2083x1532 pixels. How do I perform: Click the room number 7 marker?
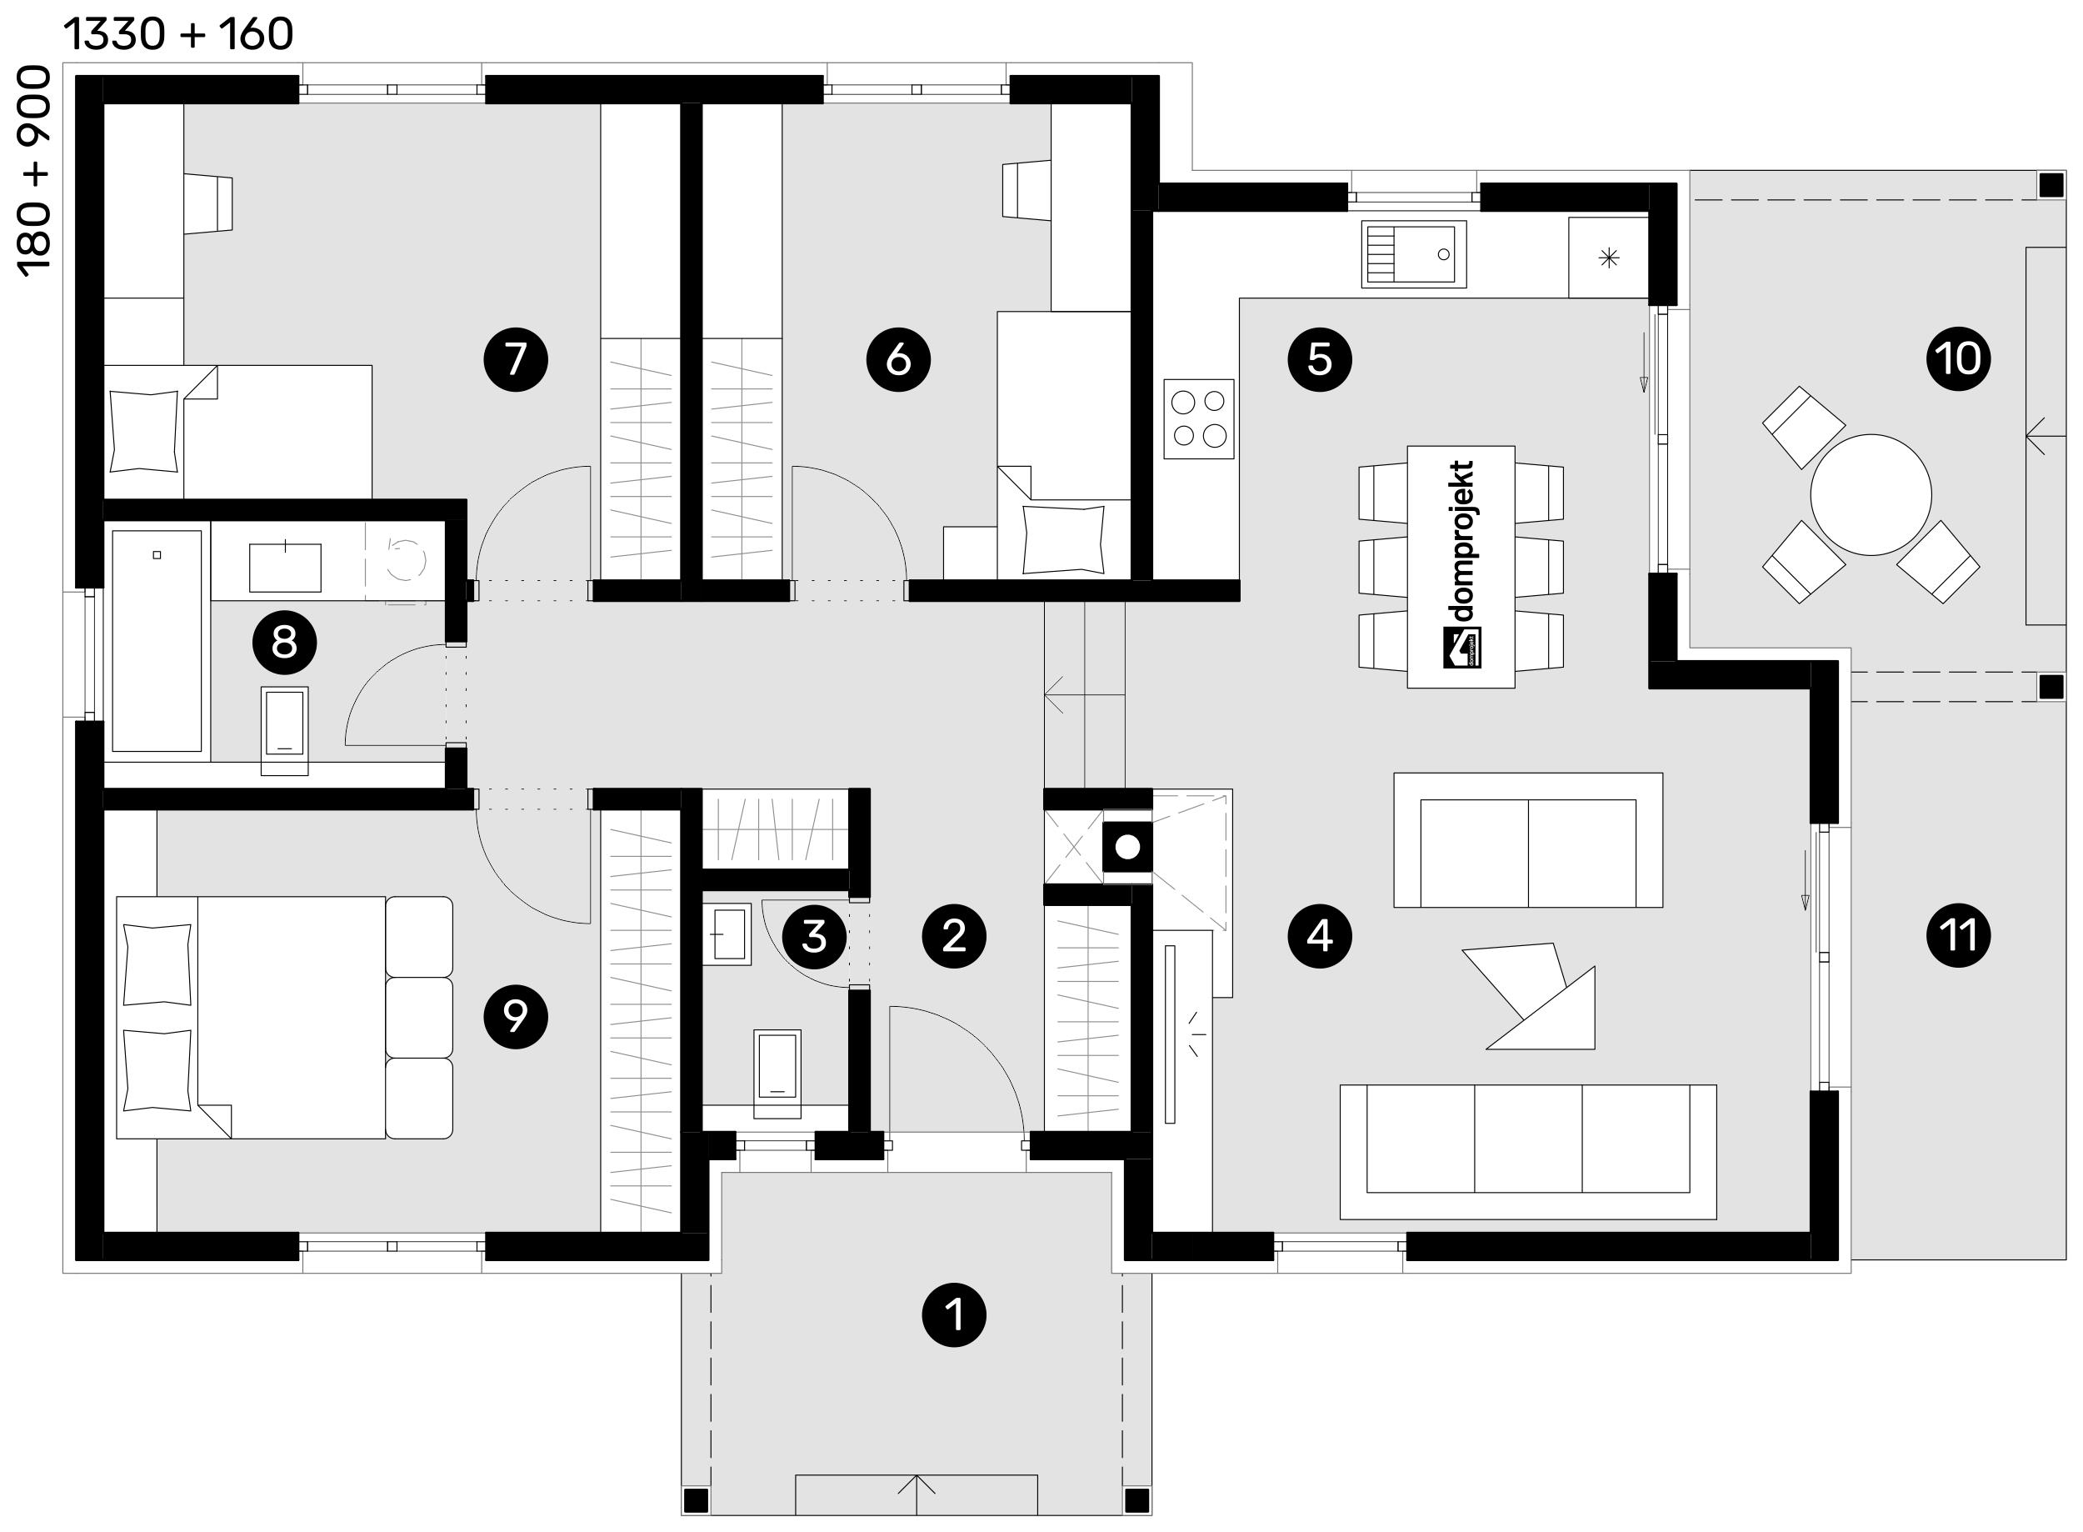[x=516, y=359]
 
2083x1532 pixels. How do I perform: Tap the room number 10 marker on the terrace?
[x=1958, y=358]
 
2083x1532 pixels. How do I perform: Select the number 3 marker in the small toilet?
[x=814, y=937]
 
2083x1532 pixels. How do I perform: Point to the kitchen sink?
[x=1414, y=254]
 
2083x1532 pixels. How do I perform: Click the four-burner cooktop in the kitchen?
[x=1199, y=418]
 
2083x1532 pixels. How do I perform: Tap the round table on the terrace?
[x=1871, y=495]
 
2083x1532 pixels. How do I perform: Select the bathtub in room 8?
[x=157, y=641]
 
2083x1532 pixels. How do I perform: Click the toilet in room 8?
[x=285, y=731]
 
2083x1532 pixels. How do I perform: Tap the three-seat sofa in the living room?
[x=1528, y=1152]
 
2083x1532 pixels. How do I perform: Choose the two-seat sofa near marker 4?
[x=1528, y=840]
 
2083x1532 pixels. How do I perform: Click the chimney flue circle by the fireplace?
[x=1127, y=847]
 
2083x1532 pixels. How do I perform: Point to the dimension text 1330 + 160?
[x=178, y=34]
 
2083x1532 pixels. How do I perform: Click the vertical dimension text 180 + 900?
[x=34, y=171]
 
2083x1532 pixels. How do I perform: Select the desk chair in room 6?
[x=1027, y=190]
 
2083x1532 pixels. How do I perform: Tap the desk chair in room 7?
[x=208, y=201]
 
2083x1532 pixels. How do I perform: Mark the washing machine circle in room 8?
[x=405, y=559]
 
